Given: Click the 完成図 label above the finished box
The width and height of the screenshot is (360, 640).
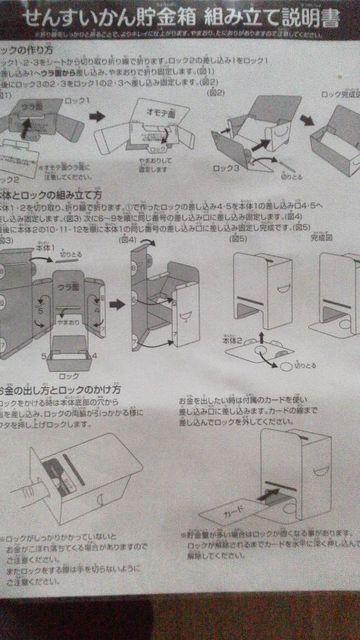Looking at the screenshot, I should point(321,239).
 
